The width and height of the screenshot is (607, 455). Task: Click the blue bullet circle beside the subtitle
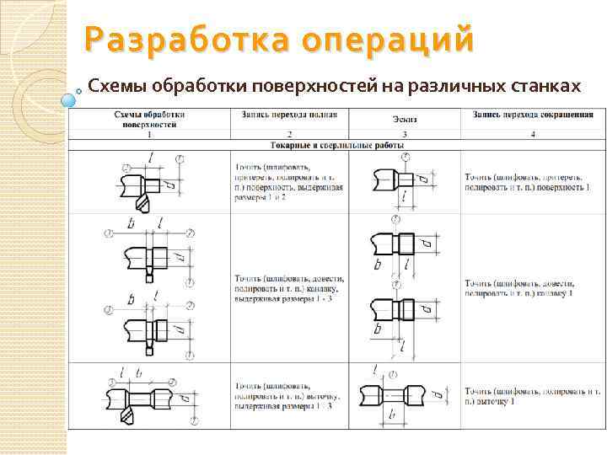coord(69,99)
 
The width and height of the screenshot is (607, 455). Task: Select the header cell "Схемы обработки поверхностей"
coord(149,119)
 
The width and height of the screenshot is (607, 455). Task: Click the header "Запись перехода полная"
coord(289,114)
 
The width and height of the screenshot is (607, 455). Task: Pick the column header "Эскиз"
coord(405,119)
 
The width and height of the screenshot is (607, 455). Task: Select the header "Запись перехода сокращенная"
coord(532,114)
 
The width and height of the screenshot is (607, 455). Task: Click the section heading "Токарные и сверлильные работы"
coord(335,145)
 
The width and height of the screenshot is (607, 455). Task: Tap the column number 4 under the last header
coord(532,134)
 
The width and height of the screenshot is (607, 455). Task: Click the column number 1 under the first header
coord(149,134)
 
